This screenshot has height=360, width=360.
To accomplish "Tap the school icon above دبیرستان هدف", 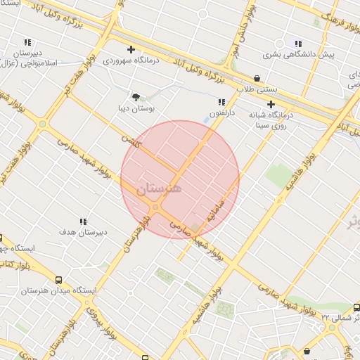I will [x=84, y=221].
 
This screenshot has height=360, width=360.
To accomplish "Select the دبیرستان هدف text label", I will [x=82, y=232].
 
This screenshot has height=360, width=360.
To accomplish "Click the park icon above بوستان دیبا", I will [x=136, y=98].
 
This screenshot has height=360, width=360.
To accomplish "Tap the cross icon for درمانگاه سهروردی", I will [x=131, y=49].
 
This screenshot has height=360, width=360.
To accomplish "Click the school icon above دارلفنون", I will [x=222, y=103].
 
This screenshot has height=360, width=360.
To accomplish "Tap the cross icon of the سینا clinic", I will [x=271, y=104].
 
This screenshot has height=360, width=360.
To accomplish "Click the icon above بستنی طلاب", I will [x=257, y=79].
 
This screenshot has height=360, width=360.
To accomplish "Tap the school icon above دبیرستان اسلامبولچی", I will [x=28, y=42].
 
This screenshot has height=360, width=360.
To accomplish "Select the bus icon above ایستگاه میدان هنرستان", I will [x=58, y=278].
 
